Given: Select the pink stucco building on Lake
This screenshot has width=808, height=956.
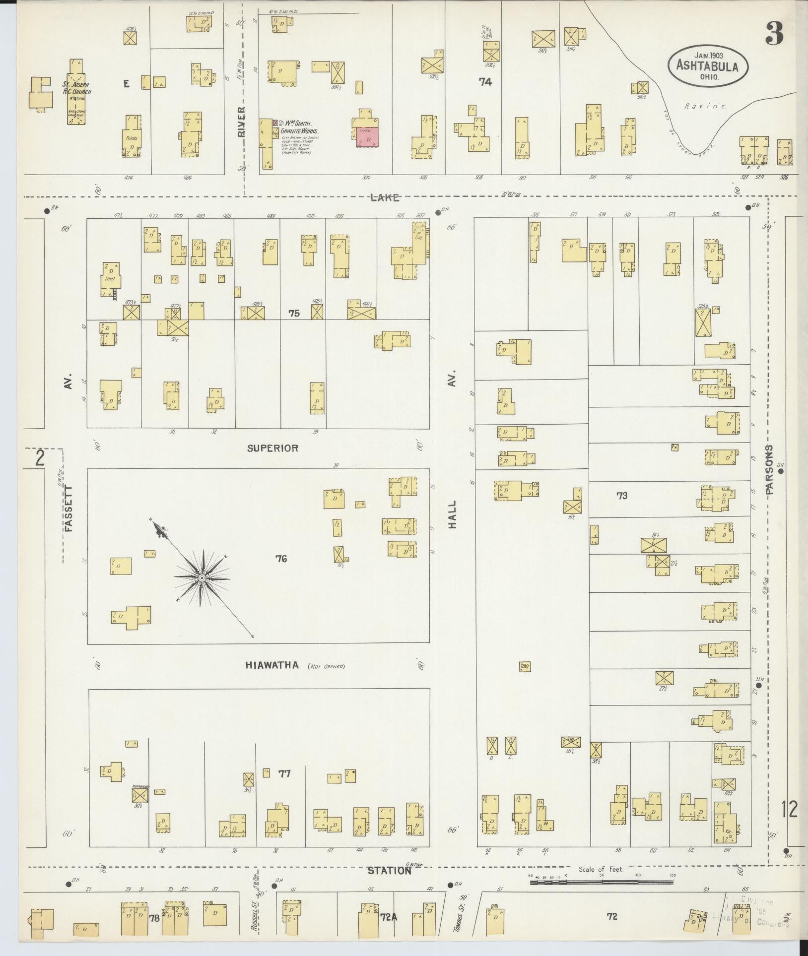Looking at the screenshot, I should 368,137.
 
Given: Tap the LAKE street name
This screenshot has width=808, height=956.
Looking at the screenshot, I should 385,198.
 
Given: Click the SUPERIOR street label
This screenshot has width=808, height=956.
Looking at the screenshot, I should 273,448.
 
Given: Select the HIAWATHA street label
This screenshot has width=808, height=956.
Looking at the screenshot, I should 272,665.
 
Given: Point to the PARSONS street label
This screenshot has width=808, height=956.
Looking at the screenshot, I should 769,470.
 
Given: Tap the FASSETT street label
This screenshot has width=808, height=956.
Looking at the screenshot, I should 68,509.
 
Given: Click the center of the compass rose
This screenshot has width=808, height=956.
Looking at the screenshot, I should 202,578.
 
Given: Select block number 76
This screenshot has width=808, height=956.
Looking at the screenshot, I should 281,559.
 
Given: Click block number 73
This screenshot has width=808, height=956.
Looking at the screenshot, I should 622,496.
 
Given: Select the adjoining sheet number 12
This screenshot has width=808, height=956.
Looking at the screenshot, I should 789,810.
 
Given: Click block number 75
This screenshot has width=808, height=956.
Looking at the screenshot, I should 294,314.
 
